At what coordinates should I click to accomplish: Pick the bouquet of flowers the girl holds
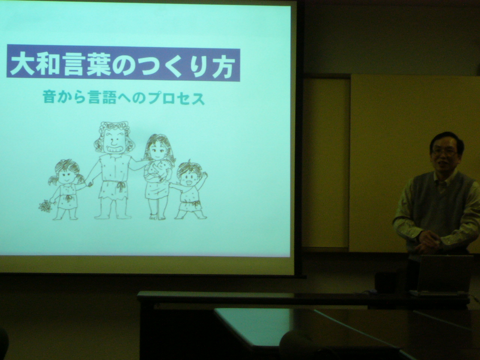coord(45,205)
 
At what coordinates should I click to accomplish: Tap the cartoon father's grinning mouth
coord(113,150)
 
